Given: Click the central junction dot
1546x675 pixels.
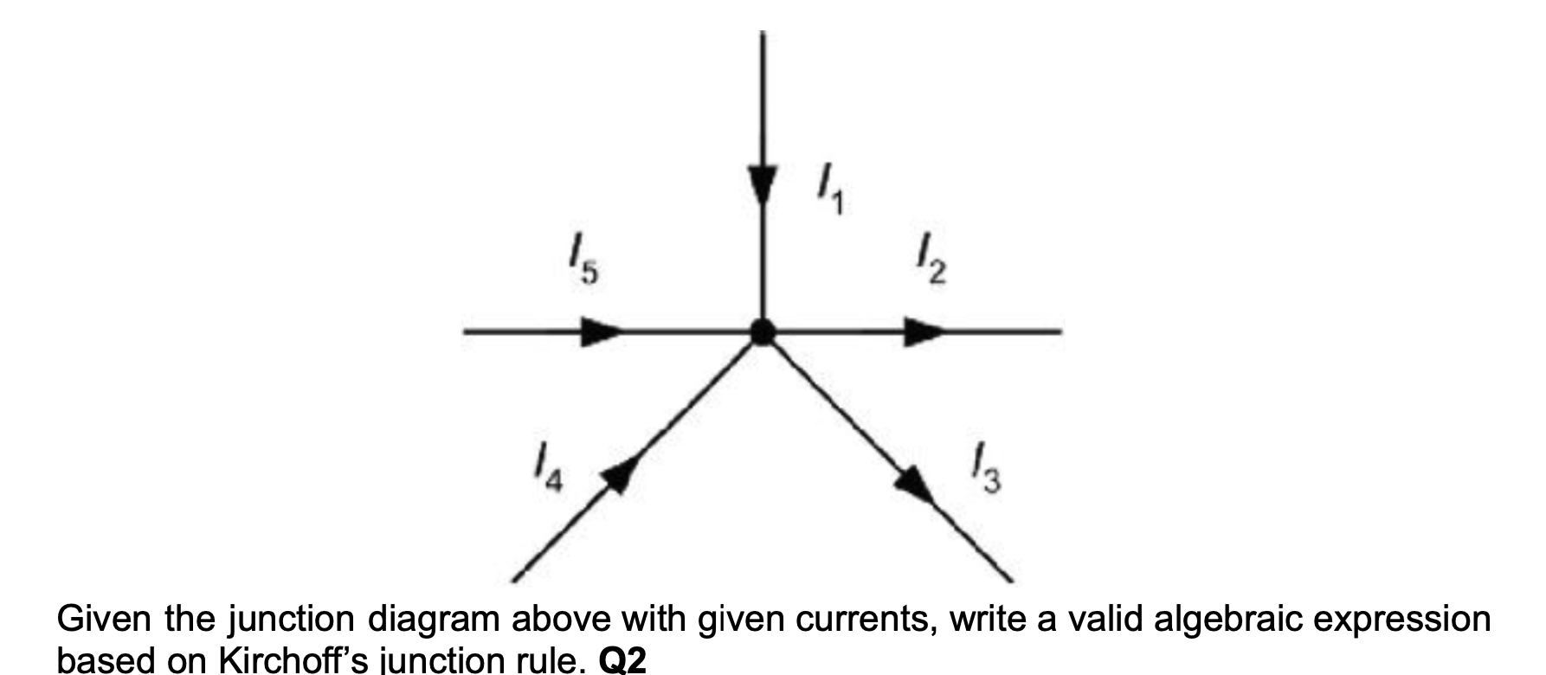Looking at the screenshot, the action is [x=762, y=331].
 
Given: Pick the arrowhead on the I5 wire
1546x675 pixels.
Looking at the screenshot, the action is [x=600, y=331].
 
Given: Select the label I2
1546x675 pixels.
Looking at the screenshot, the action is [x=931, y=263].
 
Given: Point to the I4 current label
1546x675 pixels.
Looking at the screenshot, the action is [x=547, y=472].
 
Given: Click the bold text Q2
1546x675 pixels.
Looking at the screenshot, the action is [x=622, y=662].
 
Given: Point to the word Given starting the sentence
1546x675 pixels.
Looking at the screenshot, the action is [x=103, y=621].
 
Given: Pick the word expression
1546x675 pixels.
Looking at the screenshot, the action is [x=1394, y=621].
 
